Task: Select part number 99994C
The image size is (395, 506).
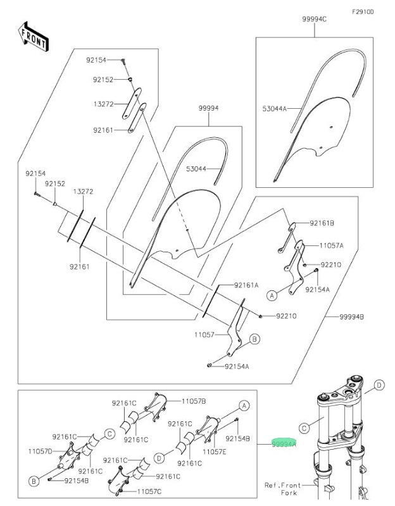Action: [315, 20]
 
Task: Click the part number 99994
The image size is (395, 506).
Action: [208, 108]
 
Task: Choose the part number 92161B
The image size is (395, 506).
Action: [322, 223]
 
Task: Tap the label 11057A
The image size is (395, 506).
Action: [330, 245]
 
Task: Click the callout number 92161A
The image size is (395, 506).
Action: [246, 285]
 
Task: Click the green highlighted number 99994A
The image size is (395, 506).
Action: [284, 444]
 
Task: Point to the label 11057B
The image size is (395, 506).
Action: [194, 401]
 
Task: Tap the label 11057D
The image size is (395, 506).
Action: [40, 450]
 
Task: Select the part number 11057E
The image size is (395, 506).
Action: [215, 452]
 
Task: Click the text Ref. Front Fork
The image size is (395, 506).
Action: [283, 489]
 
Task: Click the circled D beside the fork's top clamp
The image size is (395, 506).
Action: [378, 385]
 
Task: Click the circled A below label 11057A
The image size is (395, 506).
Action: [272, 295]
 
